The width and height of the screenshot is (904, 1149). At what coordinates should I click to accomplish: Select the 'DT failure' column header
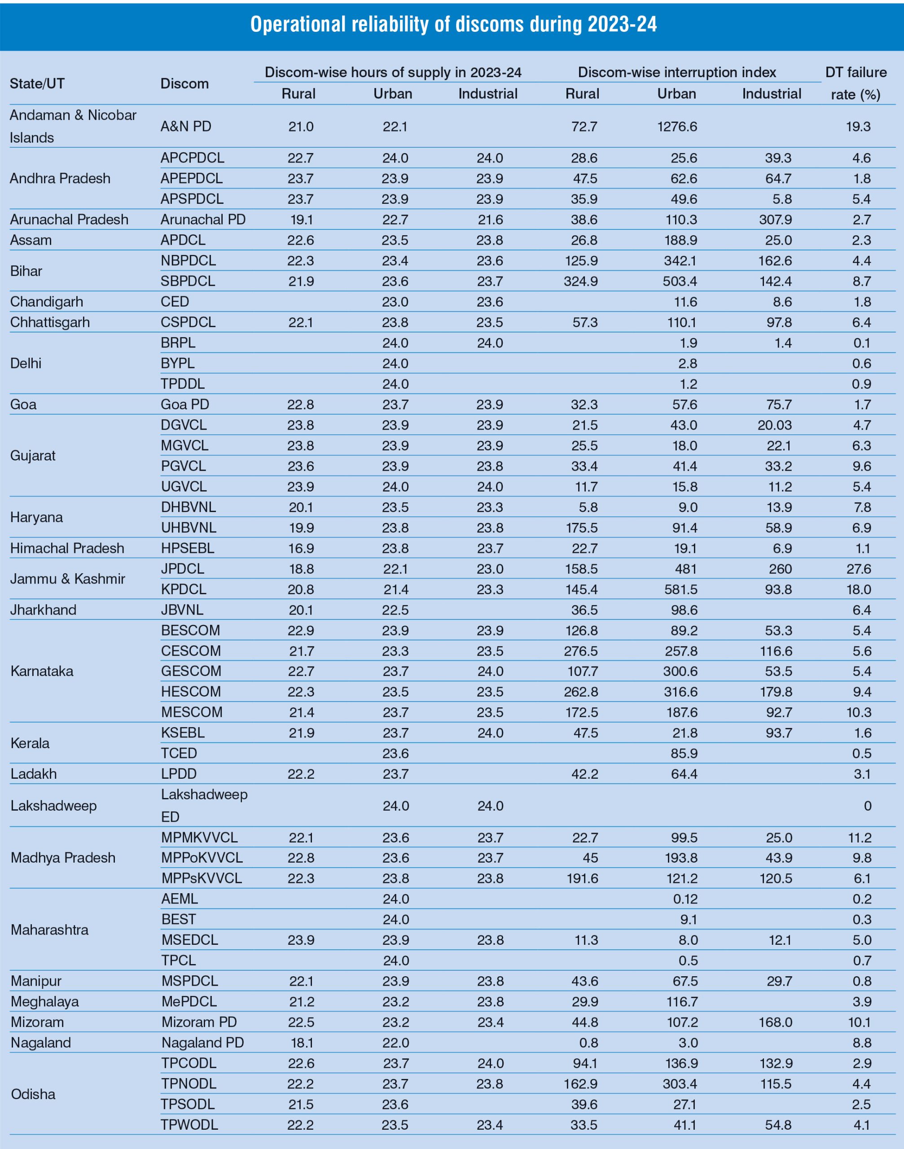click(x=856, y=73)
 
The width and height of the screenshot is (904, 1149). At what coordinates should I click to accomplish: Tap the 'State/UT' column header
click(x=37, y=83)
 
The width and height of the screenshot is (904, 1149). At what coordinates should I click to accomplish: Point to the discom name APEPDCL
click(x=192, y=178)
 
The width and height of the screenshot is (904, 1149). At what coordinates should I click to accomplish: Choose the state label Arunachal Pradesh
click(x=69, y=219)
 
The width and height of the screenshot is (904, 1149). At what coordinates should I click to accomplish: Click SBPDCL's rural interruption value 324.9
click(x=581, y=281)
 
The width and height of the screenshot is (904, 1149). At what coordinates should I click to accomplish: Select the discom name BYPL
click(x=178, y=364)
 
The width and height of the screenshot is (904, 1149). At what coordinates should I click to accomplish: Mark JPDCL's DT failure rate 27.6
click(x=859, y=569)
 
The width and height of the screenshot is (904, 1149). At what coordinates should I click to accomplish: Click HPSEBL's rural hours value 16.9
click(x=301, y=548)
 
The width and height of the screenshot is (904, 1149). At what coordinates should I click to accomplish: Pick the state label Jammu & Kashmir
click(x=68, y=579)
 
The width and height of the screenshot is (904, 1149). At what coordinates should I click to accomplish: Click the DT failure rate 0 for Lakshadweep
click(x=867, y=806)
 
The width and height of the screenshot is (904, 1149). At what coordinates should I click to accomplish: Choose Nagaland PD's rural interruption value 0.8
click(x=588, y=1043)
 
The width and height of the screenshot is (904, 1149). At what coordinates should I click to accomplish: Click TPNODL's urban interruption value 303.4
click(x=680, y=1084)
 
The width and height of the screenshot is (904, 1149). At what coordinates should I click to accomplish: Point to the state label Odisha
click(x=33, y=1094)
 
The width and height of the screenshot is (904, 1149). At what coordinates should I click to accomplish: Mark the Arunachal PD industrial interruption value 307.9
click(x=775, y=219)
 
